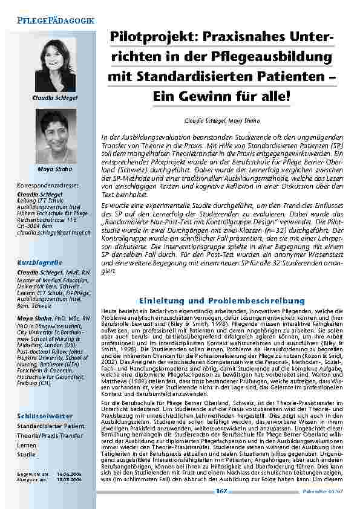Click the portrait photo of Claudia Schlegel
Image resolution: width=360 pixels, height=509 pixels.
(56, 65)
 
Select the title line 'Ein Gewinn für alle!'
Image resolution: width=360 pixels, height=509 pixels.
(221, 96)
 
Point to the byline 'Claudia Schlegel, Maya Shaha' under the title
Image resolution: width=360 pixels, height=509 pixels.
(221, 121)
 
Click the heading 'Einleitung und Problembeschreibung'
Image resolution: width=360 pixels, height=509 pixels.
(221, 300)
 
